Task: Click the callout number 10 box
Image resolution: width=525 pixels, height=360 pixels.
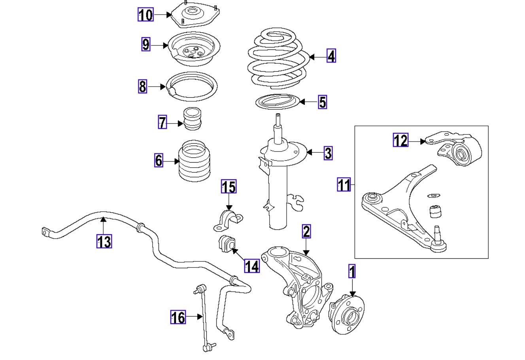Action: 145,15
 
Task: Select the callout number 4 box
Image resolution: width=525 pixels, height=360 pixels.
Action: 331,56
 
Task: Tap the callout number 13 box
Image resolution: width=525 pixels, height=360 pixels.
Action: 104,241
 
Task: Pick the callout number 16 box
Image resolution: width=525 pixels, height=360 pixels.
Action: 178,317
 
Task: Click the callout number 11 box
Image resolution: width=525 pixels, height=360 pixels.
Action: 344,184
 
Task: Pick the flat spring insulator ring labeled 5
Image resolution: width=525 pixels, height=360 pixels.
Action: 276,102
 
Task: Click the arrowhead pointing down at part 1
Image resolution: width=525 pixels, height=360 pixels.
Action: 352,294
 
